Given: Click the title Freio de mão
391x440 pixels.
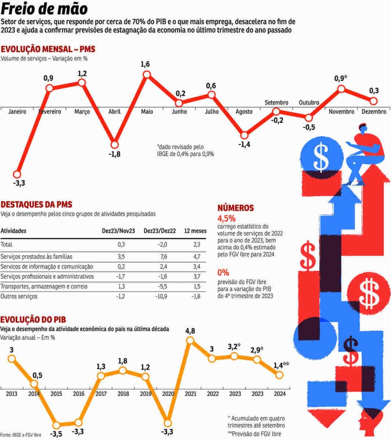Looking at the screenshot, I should tap(44, 9).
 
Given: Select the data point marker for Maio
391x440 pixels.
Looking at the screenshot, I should tap(147, 75).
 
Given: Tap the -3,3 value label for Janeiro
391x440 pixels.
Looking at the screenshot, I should tap(19, 183).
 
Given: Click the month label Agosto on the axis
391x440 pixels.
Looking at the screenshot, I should tap(244, 112).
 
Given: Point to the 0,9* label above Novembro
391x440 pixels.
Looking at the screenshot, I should tap(341, 78).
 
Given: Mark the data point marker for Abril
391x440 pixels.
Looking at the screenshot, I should tap(114, 145).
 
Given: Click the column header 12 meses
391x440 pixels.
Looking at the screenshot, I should tap(195, 231).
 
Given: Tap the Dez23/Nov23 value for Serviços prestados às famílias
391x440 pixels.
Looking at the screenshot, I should tap(121, 257).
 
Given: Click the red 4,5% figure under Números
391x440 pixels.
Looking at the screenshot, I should tap(226, 218).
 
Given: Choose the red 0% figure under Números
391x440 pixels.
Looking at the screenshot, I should tap(223, 273).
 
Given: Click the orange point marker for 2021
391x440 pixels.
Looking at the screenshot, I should tap(190, 340).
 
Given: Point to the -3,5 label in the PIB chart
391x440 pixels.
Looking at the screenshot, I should tap(56, 434).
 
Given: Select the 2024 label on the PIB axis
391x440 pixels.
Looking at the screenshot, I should tap(280, 394).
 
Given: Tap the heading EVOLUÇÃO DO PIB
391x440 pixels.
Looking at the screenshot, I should tap(33, 319).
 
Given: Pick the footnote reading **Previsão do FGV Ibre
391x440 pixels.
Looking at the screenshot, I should tap(254, 433).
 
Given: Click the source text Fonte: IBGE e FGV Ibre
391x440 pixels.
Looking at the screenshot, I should tap(21, 435).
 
